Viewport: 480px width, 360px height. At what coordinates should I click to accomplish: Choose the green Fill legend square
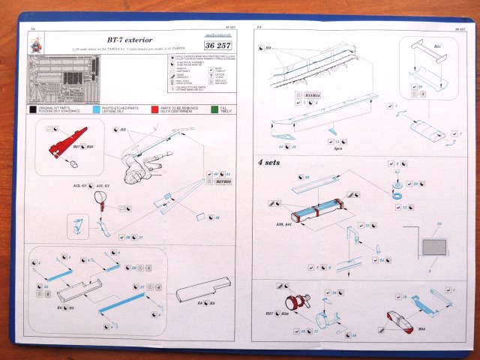click(214, 109)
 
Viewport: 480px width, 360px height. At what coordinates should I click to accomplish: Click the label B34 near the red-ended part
click(421, 328)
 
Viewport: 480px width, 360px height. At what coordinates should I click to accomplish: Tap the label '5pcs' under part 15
click(337, 148)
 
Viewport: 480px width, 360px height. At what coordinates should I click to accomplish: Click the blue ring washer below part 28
click(394, 196)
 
